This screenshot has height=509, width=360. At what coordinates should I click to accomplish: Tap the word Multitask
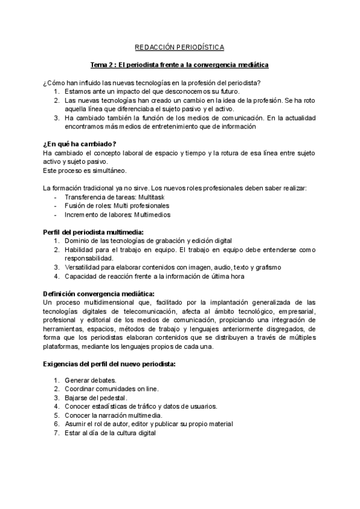click(151, 197)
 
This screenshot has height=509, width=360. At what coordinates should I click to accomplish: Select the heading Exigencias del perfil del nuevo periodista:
click(109, 363)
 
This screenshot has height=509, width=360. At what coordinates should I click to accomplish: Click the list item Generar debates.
click(90, 381)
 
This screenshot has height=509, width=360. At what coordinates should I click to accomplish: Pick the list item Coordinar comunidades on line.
click(112, 389)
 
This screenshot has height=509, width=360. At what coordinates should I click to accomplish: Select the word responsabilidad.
click(88, 258)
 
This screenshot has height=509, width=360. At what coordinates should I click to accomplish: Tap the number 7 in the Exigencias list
click(56, 432)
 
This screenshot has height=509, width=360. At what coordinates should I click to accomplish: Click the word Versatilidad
click(83, 267)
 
